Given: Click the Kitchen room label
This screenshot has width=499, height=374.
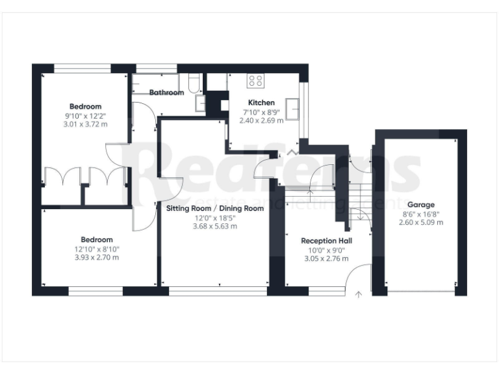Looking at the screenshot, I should point(261,103).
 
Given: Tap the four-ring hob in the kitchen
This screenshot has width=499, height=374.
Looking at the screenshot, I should point(255,81).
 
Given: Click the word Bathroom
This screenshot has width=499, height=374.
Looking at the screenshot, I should point(166,93).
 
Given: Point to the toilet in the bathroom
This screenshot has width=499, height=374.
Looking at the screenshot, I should point(193,84).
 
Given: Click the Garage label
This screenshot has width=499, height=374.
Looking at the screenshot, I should point(421,205).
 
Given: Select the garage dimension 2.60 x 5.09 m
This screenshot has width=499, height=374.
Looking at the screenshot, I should point(421,222).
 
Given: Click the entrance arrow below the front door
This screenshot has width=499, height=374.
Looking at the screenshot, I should point(359,295).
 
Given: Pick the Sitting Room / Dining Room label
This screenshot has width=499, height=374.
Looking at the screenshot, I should point(215,208).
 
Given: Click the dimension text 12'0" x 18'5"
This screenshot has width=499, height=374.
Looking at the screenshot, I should point(215,218).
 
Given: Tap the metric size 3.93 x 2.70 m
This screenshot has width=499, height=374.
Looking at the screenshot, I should point(96,257).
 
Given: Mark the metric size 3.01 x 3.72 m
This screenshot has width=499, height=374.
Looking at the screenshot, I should point(86,124).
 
